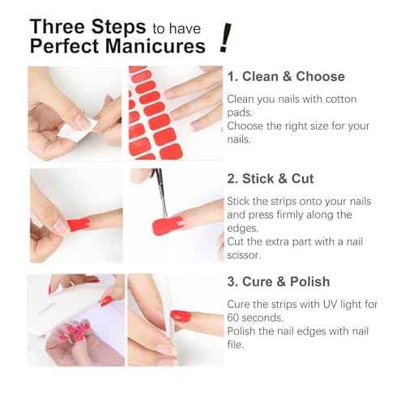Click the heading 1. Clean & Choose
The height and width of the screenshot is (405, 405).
click(285, 77)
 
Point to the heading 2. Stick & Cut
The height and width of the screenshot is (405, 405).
click(270, 178)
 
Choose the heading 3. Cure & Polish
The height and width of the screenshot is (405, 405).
click(278, 282)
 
